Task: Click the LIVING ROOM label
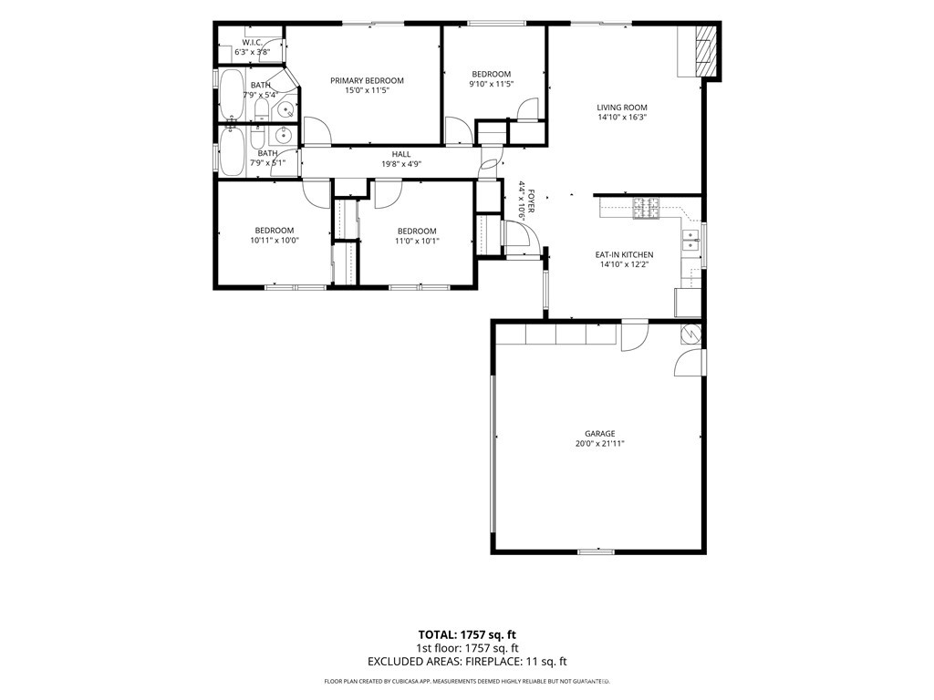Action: click(x=622, y=108)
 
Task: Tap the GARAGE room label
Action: click(x=599, y=434)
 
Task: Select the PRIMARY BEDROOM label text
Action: click(x=367, y=81)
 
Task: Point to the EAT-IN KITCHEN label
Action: click(x=624, y=255)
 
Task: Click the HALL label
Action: click(x=401, y=154)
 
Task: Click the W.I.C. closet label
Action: click(x=252, y=42)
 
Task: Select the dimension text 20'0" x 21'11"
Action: click(x=599, y=444)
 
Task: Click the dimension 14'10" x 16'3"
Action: click(x=622, y=118)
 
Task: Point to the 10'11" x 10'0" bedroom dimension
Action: click(x=275, y=241)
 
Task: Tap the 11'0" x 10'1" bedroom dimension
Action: click(x=417, y=241)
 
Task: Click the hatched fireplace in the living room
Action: click(x=706, y=51)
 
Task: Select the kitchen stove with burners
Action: click(x=647, y=209)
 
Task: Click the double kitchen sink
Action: click(x=690, y=240)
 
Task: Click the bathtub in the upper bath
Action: click(x=232, y=95)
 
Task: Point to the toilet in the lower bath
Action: click(x=257, y=138)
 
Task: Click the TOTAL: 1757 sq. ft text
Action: click(x=467, y=634)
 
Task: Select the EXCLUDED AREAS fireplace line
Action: click(x=467, y=662)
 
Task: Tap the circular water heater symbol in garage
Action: click(x=691, y=335)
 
